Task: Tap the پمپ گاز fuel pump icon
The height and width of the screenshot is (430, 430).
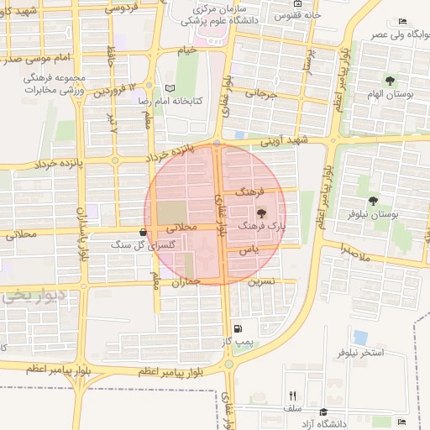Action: [239, 328]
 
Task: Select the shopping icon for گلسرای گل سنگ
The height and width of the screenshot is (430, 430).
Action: [142, 233]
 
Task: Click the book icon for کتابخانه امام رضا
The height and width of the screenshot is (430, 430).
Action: [170, 88]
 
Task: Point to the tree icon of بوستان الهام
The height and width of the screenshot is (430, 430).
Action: [390, 81]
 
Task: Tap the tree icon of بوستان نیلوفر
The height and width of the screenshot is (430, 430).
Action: [373, 202]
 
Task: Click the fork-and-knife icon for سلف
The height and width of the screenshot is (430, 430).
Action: [292, 395]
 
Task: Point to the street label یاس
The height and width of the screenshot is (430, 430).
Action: [247, 250]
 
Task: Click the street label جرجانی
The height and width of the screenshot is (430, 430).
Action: [260, 95]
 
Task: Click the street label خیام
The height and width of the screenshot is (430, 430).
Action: [186, 51]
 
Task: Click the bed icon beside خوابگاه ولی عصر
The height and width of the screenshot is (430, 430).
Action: [402, 20]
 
